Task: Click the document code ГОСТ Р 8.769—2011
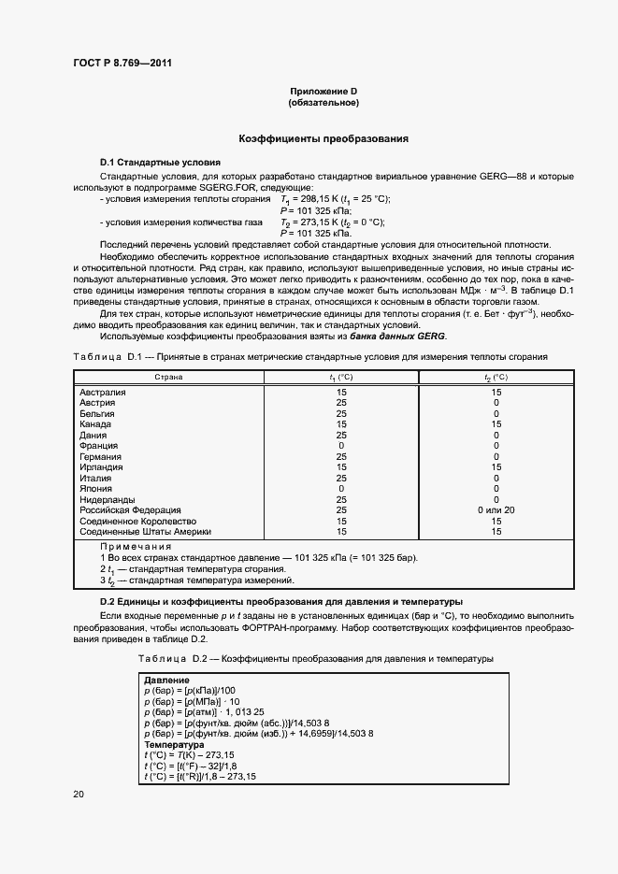122,64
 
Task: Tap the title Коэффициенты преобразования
323,138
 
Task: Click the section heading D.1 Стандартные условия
159,162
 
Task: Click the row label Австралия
102,393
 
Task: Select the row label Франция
97,446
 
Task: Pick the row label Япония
96,488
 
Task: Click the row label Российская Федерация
125,509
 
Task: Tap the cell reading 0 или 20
496,509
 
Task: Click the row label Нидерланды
106,499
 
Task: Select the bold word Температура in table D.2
174,744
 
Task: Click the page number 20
79,795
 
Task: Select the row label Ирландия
101,466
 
